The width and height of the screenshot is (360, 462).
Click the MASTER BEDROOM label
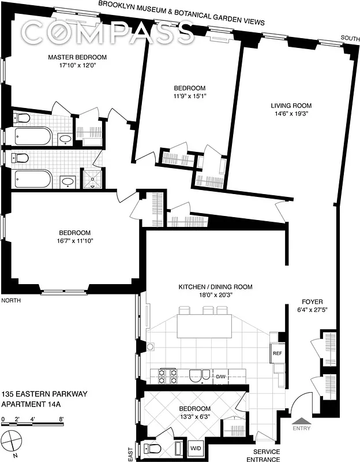pos(77,58)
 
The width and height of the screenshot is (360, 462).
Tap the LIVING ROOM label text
pos(291,106)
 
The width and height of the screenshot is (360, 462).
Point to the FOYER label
pos(312,302)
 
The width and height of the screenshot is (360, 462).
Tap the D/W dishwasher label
pos(220,377)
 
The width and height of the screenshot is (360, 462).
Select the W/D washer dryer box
pos(196,447)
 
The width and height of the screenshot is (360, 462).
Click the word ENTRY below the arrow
pos(302,428)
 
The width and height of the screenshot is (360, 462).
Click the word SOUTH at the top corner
pos(350,38)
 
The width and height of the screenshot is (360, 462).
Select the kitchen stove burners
pos(168,376)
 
